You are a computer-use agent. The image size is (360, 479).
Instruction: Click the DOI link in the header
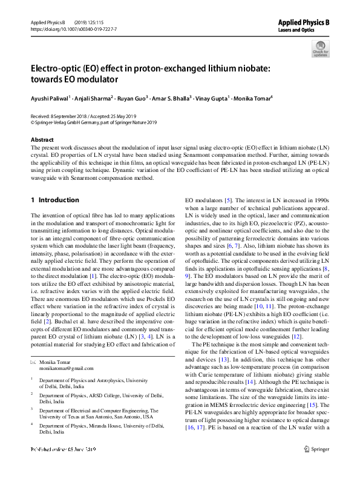73,28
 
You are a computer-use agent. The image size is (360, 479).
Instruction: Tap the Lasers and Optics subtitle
296,29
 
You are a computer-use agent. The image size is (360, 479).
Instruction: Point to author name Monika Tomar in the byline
254,97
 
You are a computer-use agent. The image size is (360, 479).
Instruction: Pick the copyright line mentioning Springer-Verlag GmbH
93,122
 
